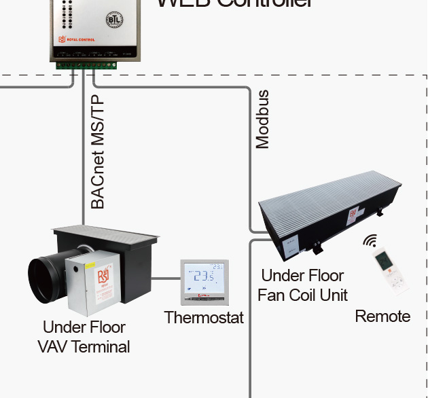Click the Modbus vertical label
262,119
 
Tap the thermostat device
204,282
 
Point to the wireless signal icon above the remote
370,241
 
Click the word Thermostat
204,317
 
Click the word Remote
382,316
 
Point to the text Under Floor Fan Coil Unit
302,285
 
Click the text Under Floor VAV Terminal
83,337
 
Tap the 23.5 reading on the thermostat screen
204,277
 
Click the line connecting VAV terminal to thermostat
166,278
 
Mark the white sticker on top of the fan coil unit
353,215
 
